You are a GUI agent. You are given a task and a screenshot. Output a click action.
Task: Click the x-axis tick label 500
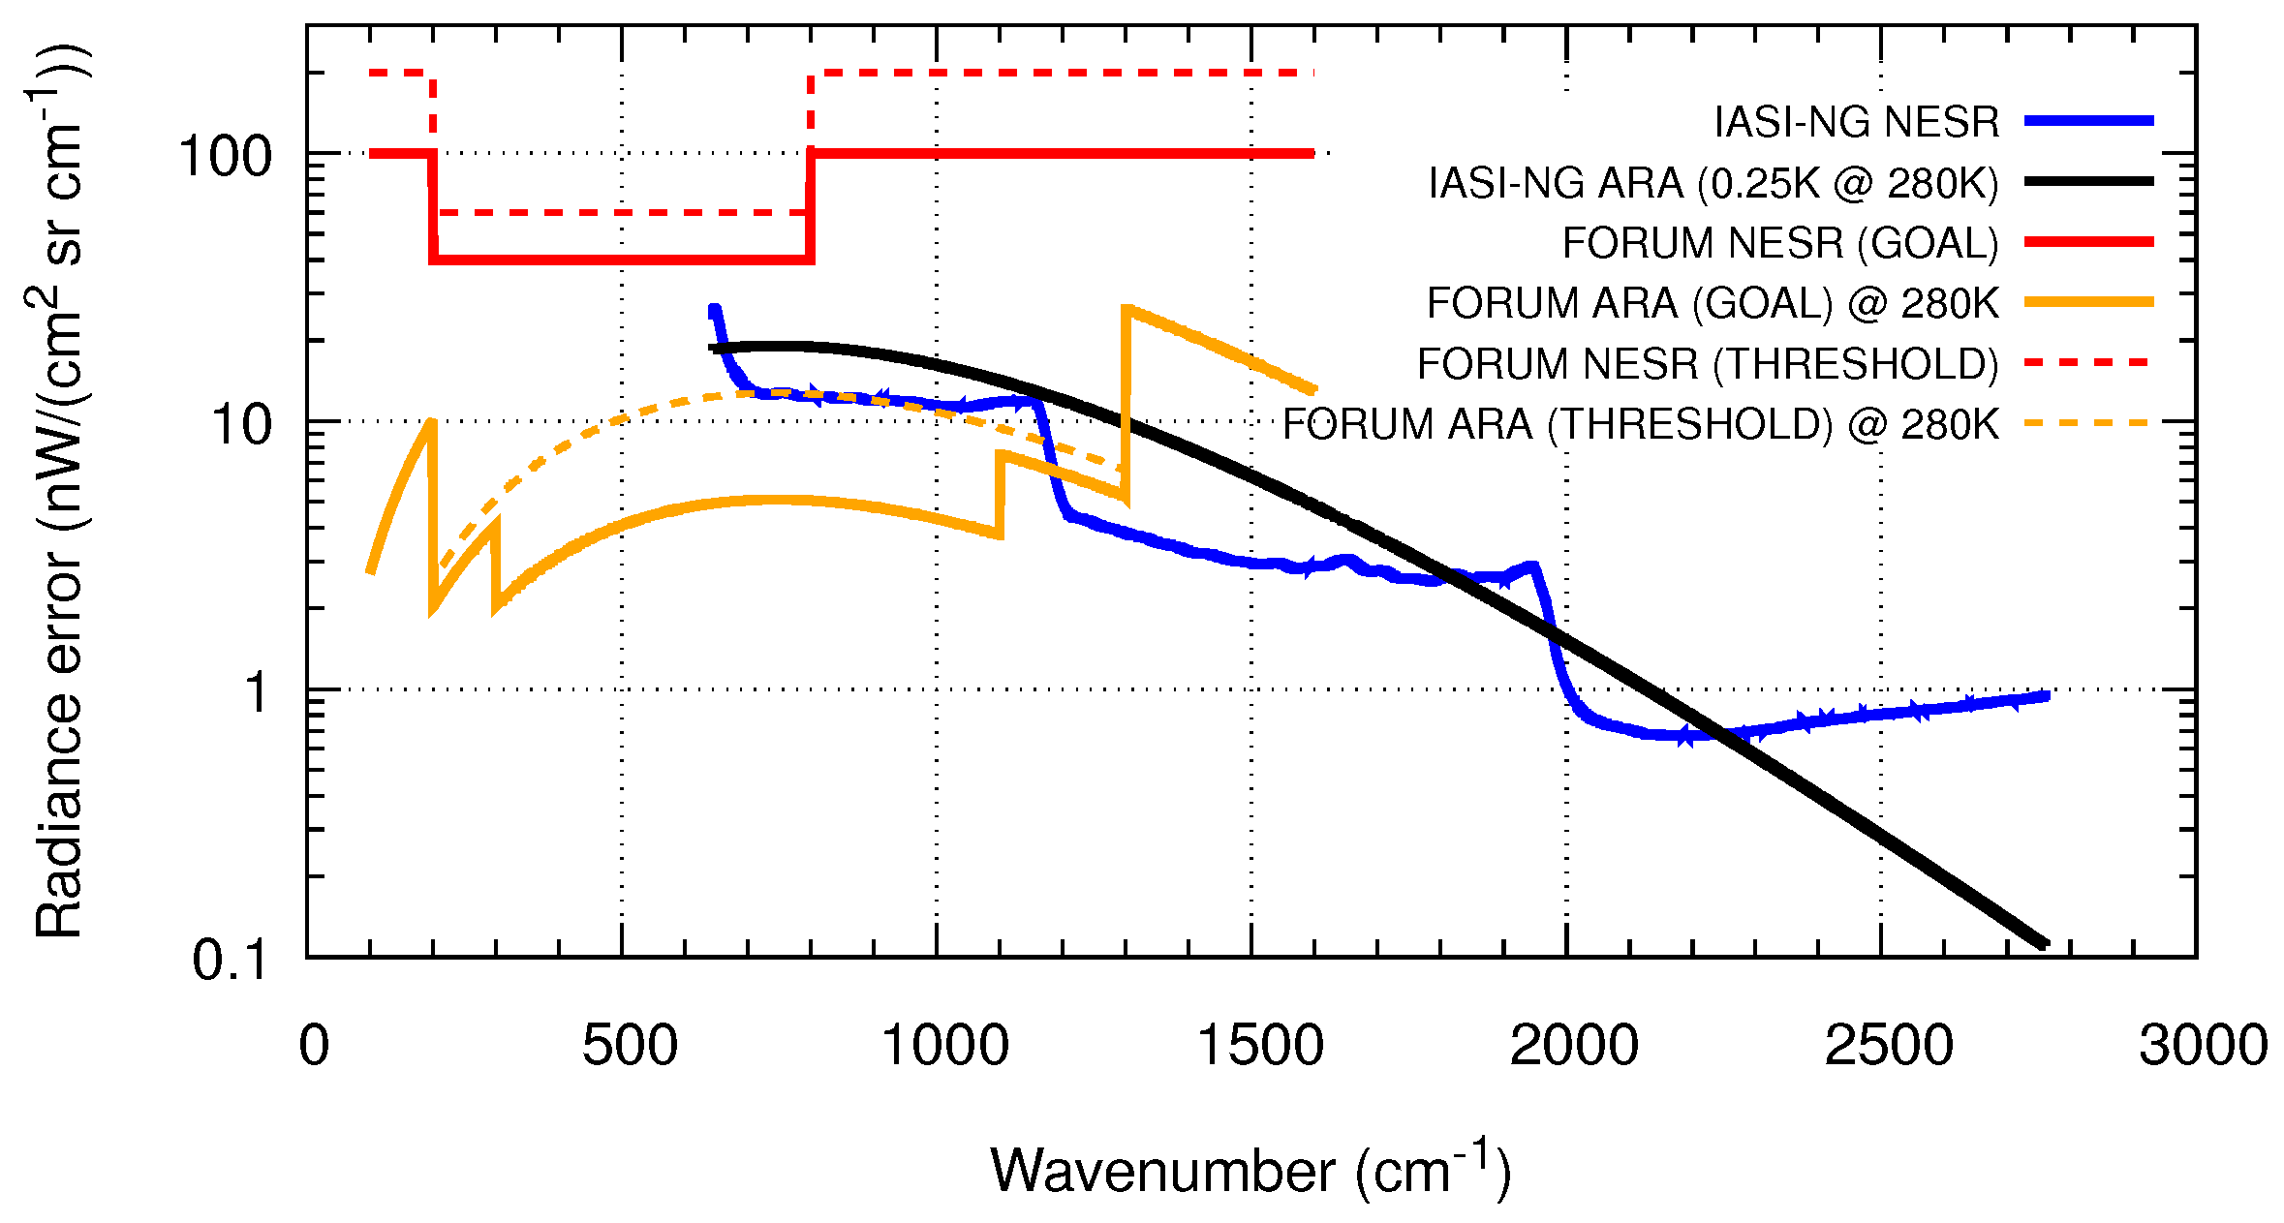[629, 1046]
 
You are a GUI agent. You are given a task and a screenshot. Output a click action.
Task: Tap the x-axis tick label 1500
[1259, 1046]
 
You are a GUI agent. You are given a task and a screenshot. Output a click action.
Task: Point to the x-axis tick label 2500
[1889, 1046]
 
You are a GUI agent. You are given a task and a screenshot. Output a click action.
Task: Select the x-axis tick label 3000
[2204, 1046]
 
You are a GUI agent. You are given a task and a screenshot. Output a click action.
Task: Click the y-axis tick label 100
[226, 156]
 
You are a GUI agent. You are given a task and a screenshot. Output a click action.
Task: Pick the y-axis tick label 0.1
[230, 961]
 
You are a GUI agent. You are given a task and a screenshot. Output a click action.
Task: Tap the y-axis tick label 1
[256, 692]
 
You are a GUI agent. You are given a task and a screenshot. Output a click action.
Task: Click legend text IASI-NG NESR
[1856, 122]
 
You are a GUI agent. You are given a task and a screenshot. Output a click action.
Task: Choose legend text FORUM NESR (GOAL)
[1780, 243]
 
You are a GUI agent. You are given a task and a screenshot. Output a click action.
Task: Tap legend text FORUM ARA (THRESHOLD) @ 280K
[1640, 424]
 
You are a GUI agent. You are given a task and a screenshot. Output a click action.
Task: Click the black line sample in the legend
[2088, 181]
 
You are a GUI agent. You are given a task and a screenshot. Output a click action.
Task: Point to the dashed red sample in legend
[2088, 362]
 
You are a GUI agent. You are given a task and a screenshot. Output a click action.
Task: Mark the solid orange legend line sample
[2088, 302]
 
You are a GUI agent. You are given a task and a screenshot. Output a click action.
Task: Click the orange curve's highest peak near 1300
[1127, 308]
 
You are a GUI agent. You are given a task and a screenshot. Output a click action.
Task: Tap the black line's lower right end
[2044, 943]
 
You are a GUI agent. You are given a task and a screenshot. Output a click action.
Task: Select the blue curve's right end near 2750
[2046, 695]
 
